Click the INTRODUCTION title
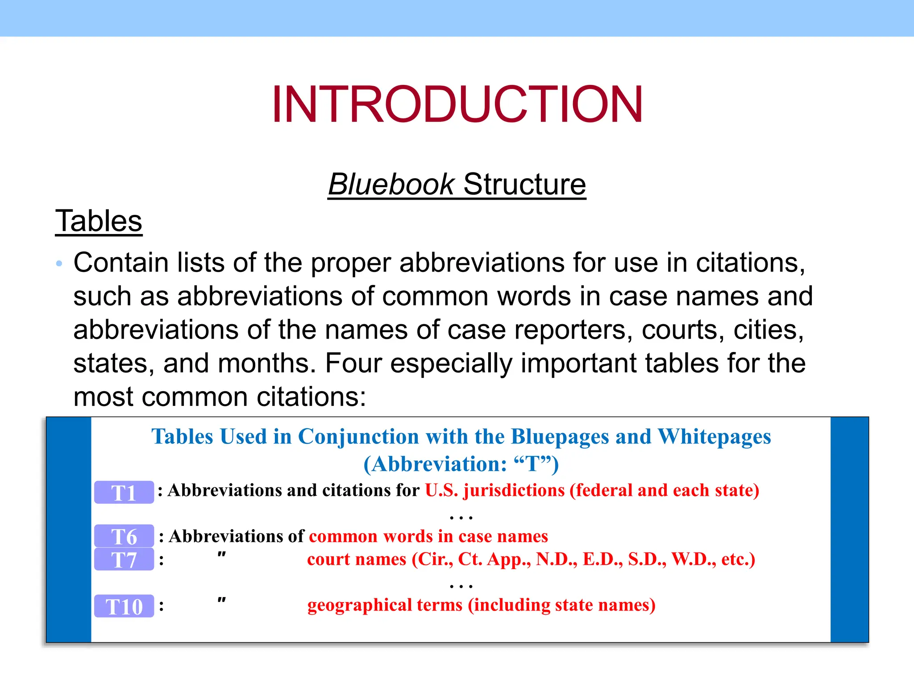click(x=457, y=104)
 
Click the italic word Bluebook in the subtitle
click(x=391, y=184)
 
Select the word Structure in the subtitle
click(x=524, y=184)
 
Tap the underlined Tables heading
click(x=99, y=221)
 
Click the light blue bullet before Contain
click(x=59, y=264)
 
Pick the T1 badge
click(x=124, y=493)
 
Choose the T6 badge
click(x=124, y=536)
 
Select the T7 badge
click(x=124, y=560)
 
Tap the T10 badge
click(x=124, y=606)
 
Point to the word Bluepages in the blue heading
click(x=560, y=436)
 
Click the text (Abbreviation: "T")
click(x=461, y=464)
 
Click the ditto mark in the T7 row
click(x=221, y=555)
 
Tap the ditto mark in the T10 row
click(x=221, y=601)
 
